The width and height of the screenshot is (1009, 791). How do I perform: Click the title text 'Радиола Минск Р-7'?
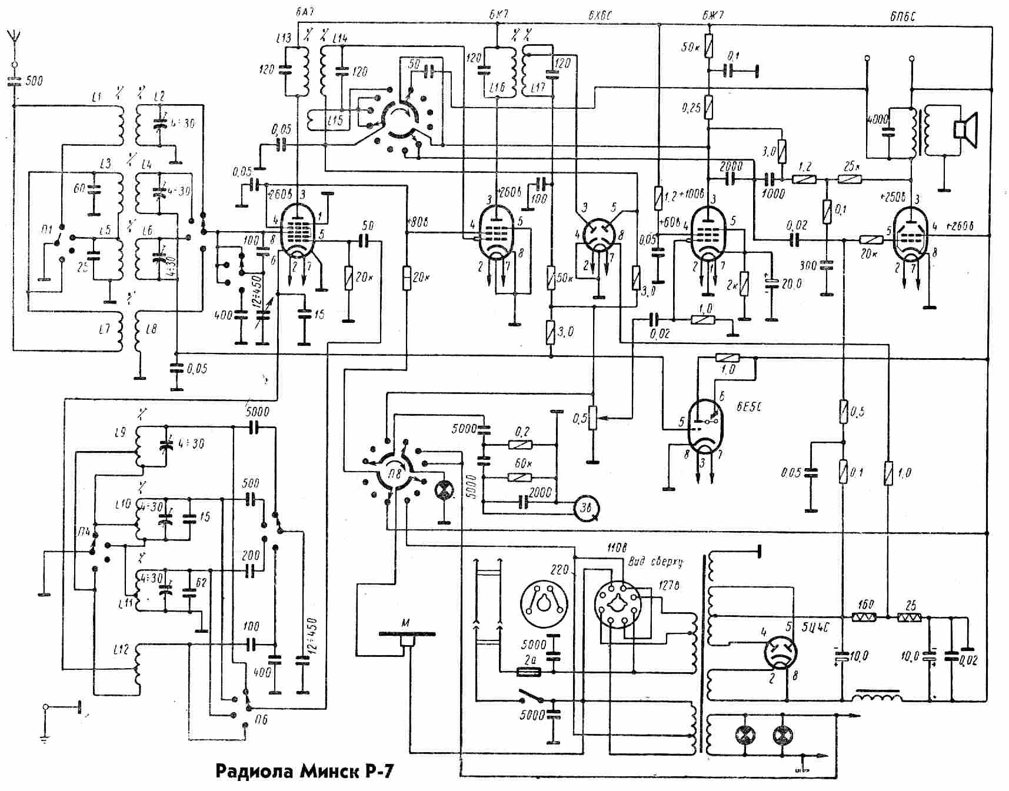pyautogui.click(x=304, y=771)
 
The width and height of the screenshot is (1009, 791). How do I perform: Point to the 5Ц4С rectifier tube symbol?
pyautogui.click(x=780, y=654)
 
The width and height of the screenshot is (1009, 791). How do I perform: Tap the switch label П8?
pyautogui.click(x=394, y=472)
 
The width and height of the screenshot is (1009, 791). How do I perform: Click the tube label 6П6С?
pyautogui.click(x=902, y=18)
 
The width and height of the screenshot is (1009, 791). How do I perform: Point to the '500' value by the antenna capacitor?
pyautogui.click(x=34, y=81)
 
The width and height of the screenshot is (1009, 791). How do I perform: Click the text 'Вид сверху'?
pyautogui.click(x=655, y=562)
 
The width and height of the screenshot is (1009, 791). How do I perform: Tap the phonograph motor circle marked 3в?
pyautogui.click(x=587, y=508)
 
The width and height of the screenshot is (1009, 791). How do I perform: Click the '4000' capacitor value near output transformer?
pyautogui.click(x=877, y=119)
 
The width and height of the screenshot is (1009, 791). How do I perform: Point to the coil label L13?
pyautogui.click(x=283, y=39)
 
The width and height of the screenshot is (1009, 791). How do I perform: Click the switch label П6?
pyautogui.click(x=261, y=719)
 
